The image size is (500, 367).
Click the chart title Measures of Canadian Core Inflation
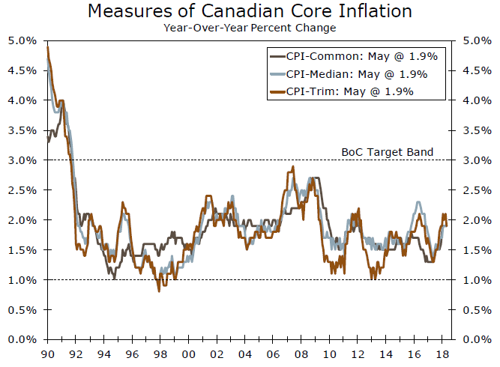point(250,11)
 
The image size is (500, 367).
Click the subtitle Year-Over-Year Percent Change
point(250,28)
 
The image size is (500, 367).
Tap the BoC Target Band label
point(388,151)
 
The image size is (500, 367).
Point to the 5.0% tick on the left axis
point(22,40)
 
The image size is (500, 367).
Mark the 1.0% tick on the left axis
point(22,280)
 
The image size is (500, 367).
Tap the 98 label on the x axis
point(159,354)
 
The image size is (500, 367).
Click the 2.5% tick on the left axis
point(22,190)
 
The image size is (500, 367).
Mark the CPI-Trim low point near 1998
point(158,291)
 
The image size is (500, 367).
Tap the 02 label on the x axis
point(215,354)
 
